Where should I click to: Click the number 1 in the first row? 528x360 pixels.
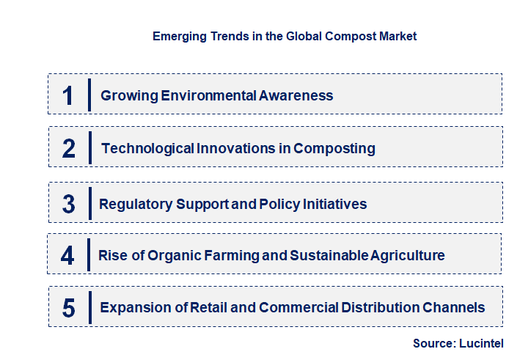68,95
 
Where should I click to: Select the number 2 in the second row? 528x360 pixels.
69,149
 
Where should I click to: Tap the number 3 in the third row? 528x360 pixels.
69,204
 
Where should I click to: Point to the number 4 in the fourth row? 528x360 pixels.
68,256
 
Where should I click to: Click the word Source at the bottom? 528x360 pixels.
433,343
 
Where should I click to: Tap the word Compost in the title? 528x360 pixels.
352,36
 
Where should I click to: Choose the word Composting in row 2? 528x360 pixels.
334,149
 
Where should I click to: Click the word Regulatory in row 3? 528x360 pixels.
136,204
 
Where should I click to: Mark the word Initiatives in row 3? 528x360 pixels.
331,204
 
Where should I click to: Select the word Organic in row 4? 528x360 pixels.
175,256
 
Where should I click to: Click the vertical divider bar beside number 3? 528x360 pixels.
89,202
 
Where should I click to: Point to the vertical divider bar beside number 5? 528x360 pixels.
89,306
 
